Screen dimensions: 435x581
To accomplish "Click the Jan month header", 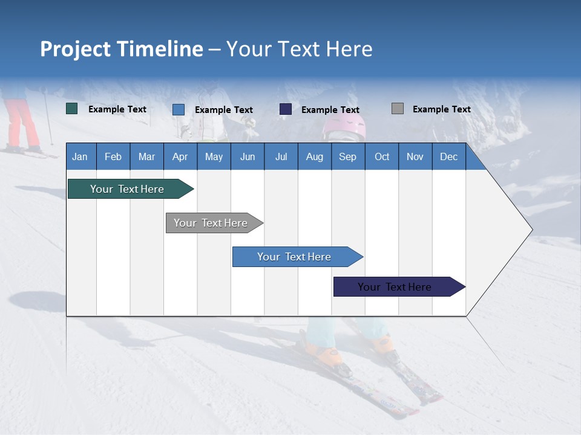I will click(80, 156).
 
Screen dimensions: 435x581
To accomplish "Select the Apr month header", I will click(180, 156).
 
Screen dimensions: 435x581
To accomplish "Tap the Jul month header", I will click(281, 156).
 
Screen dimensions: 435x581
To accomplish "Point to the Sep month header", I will click(347, 156).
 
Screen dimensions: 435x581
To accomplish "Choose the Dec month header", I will click(448, 156).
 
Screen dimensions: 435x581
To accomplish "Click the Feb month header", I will click(113, 156).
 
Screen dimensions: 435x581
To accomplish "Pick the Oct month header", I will click(382, 156).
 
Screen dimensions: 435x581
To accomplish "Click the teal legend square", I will click(72, 109).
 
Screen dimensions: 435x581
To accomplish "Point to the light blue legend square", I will click(179, 109).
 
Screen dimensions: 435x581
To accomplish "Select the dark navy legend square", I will click(286, 109).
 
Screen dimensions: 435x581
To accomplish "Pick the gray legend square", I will click(398, 109).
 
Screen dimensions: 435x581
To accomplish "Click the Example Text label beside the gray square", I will click(441, 109).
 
